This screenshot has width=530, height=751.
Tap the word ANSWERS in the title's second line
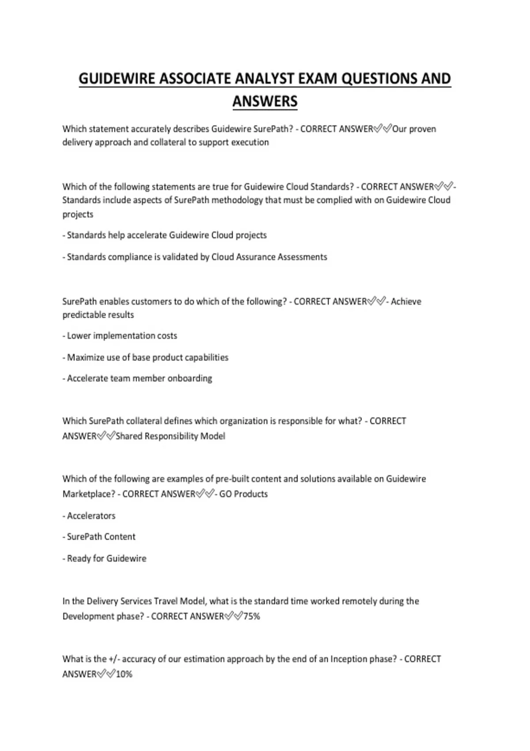coord(265,102)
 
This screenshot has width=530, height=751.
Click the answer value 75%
coord(251,616)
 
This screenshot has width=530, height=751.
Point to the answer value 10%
coord(124,674)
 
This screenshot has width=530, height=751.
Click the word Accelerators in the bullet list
coord(91,516)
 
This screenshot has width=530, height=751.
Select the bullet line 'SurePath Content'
coord(101,537)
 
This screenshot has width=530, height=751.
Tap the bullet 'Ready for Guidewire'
coord(106,558)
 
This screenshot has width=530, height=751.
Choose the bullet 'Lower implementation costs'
coord(122,336)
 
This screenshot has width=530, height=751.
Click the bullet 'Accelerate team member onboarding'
coord(140,379)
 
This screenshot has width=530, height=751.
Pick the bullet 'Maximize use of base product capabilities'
coord(148,357)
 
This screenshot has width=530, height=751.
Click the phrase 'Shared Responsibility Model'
coord(170,436)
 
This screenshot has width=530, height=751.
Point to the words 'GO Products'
coord(243,494)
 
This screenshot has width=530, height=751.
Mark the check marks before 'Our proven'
coord(382,129)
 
